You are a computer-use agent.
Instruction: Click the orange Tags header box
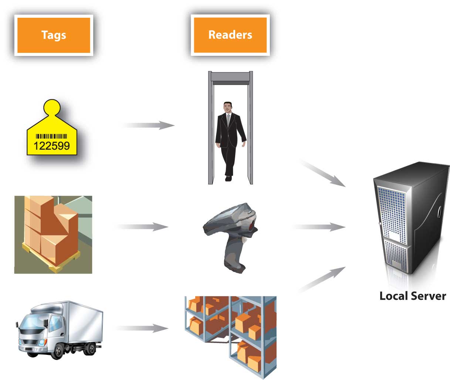pos(54,35)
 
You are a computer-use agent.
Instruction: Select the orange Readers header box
pos(230,35)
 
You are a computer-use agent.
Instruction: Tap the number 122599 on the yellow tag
pos(52,146)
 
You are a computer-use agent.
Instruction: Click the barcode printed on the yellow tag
pos(51,136)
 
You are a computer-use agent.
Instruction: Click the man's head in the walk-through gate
pos(228,108)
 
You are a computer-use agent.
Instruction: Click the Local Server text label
pos(413,296)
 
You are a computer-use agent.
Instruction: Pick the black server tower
pos(410,218)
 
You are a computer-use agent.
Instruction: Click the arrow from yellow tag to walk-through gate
pos(148,125)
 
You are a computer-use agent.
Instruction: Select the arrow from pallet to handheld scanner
pos(142,226)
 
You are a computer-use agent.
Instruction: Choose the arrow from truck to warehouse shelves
pos(142,328)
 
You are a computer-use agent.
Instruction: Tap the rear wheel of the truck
pos(89,348)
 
